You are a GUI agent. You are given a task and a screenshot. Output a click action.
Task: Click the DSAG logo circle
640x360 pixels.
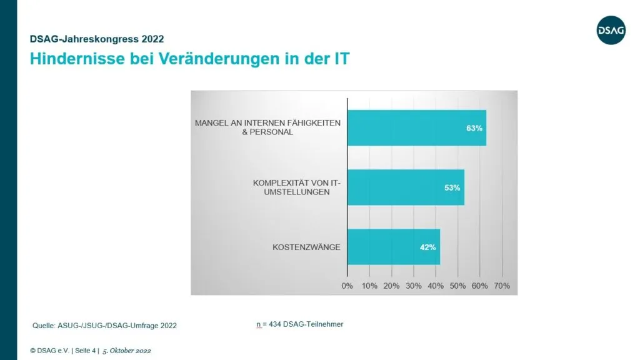coord(611,29)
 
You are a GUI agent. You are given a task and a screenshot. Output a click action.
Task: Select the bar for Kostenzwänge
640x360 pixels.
coord(393,247)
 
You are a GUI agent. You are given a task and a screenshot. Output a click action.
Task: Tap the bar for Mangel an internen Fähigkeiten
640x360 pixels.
coord(416,127)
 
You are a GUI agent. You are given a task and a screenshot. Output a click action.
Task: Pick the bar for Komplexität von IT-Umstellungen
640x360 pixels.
coord(405,187)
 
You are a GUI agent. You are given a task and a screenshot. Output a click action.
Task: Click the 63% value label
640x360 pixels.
coord(474,128)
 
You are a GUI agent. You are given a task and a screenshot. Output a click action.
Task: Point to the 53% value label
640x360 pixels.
coord(452,187)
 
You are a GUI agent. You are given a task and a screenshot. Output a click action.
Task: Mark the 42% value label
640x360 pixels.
coord(428,247)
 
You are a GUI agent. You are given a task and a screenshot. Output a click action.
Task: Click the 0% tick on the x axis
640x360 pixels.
coord(347,286)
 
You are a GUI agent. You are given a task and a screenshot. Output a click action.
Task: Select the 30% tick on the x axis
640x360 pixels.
coord(414,286)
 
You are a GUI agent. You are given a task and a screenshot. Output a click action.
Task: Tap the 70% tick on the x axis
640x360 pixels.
coord(502,286)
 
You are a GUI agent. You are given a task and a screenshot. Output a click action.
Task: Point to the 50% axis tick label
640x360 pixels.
coord(457,286)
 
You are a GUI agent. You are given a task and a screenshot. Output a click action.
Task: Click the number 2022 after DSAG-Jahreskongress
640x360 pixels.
coord(151,39)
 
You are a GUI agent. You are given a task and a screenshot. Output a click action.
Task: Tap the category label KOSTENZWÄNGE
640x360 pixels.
coord(306,247)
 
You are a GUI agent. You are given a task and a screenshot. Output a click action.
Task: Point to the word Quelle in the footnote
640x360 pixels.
coord(44,326)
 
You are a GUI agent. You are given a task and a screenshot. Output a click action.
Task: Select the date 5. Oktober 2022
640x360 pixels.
coord(126,351)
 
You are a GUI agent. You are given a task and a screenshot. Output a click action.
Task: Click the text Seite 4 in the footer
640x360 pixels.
coord(84,351)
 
